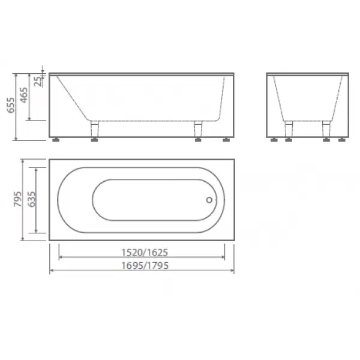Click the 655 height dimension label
[x=11, y=105]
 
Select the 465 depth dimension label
[x=24, y=95]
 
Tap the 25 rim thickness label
[x=38, y=81]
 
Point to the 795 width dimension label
[x=18, y=199]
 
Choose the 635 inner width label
[x=31, y=199]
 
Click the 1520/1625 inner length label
[x=145, y=253]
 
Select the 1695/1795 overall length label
[x=145, y=266]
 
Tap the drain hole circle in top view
[x=209, y=200]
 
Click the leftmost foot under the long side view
[x=56, y=140]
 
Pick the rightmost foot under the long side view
[x=226, y=140]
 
